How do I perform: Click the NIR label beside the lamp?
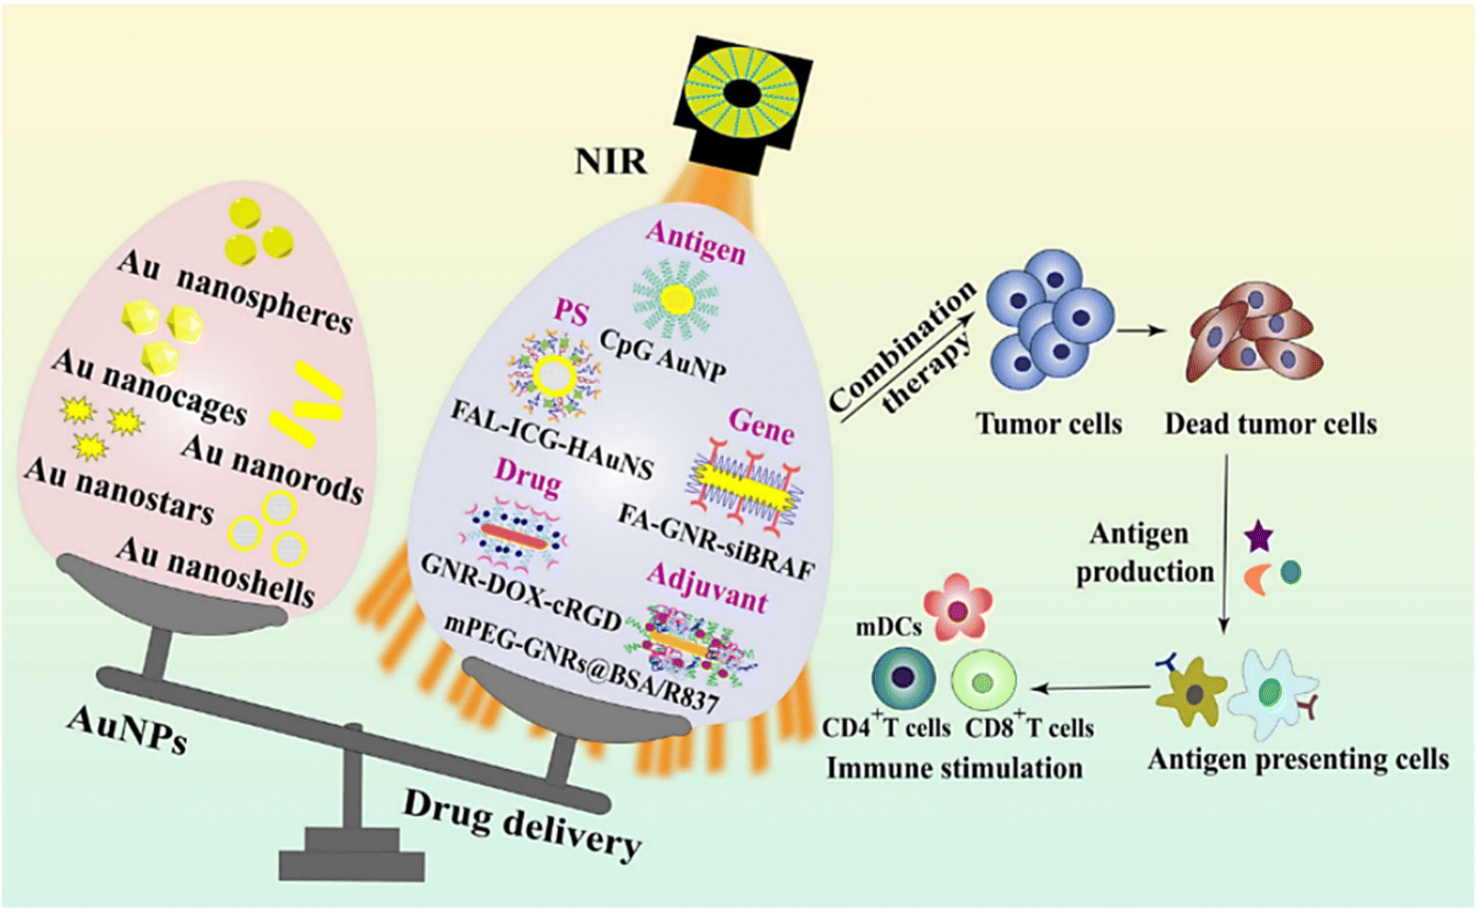[x=611, y=161]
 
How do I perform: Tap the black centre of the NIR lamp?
[x=742, y=93]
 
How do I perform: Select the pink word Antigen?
[x=696, y=242]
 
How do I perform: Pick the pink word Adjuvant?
[x=707, y=587]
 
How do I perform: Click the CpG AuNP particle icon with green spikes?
[x=676, y=299]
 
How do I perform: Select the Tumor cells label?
[x=1048, y=423]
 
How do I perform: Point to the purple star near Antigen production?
[x=1258, y=537]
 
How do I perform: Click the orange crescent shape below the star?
[x=1256, y=578]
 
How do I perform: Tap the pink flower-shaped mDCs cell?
[x=958, y=608]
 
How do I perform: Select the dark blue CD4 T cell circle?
[x=903, y=678]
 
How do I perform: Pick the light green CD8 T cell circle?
[x=983, y=681]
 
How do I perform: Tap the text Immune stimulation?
[x=955, y=768]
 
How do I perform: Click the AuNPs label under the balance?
[x=126, y=730]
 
